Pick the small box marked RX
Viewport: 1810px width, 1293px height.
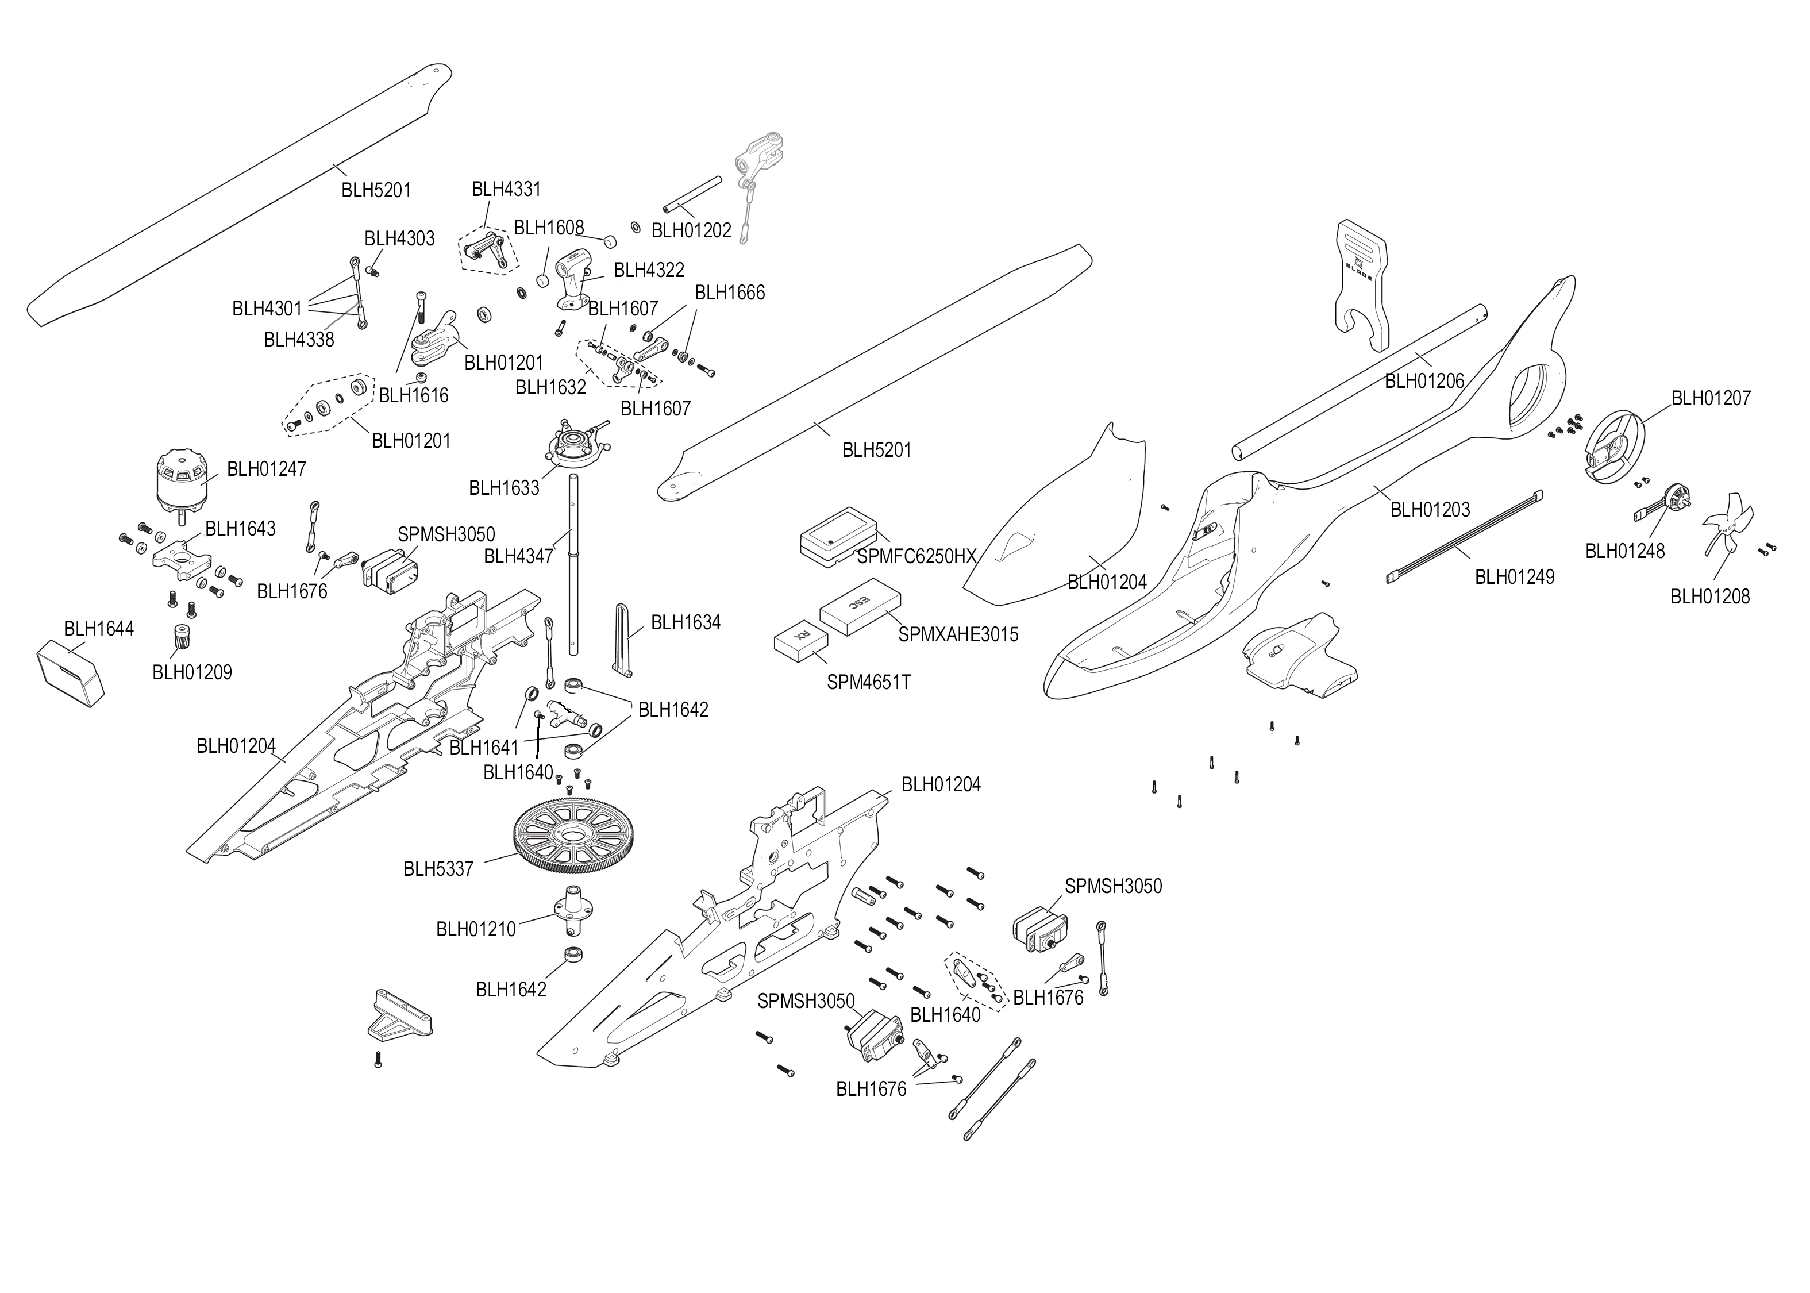tap(800, 642)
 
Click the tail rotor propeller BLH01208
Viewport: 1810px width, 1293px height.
tap(1724, 525)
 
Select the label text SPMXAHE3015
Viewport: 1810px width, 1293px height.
tap(957, 634)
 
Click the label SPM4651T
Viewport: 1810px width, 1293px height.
tap(868, 682)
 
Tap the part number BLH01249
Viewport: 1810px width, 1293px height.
tap(1514, 577)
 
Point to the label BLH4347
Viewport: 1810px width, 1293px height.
tap(518, 556)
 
